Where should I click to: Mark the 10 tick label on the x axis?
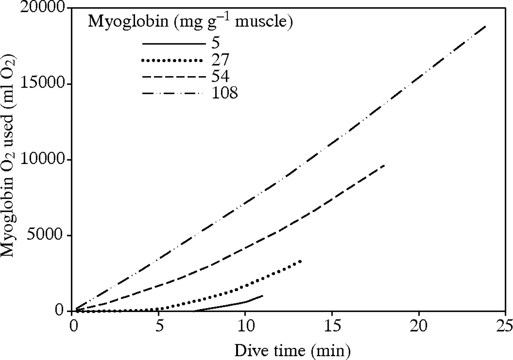(x=245, y=323)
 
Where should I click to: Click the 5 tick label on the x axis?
(x=159, y=323)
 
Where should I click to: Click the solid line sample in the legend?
(x=173, y=43)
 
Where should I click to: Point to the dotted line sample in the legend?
(x=173, y=60)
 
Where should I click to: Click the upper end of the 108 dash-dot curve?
(x=485, y=26)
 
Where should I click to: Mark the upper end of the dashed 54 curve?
(x=384, y=165)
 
